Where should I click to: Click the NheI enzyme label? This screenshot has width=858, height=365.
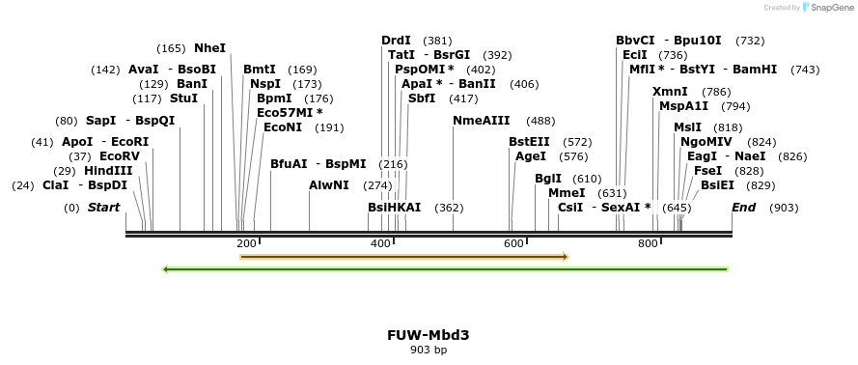(x=209, y=47)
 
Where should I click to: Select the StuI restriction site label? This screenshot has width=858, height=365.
(x=183, y=98)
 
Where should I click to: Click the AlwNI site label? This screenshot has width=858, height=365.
(x=329, y=184)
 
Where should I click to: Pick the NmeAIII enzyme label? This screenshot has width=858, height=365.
(x=482, y=121)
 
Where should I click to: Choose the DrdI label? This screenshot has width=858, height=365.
(x=396, y=41)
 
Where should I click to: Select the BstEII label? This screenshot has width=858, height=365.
(x=529, y=142)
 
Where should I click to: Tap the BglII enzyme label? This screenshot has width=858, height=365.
(x=548, y=179)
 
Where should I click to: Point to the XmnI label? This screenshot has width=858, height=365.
(x=670, y=92)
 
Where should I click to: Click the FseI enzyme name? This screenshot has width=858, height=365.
(x=708, y=170)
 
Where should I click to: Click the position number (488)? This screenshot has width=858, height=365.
(x=540, y=121)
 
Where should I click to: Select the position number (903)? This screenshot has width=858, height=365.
(x=784, y=208)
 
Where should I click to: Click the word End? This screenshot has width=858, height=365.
(x=743, y=208)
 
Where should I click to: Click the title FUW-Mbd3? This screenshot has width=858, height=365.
(x=429, y=335)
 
